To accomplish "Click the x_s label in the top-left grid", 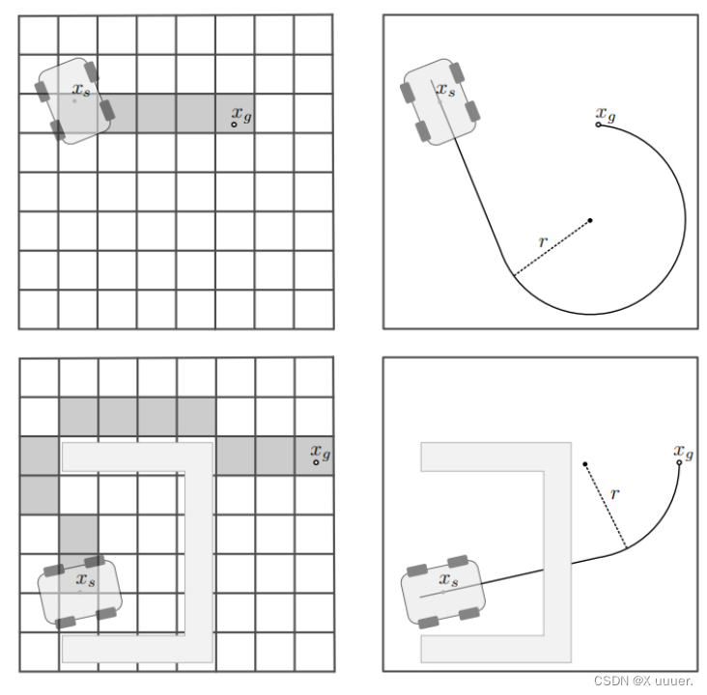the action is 81,90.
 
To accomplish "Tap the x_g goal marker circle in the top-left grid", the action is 234,125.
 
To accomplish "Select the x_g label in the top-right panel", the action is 606,115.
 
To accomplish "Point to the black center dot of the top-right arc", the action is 590,220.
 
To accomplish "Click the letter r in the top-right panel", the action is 543,242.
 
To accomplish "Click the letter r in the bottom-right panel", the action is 615,494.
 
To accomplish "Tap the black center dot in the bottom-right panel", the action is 584,463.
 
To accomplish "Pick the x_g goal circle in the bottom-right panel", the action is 679,462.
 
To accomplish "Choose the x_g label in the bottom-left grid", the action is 321,452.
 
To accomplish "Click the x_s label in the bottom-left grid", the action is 86,579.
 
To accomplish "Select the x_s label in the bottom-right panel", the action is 449,579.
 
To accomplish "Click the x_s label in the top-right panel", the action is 446,90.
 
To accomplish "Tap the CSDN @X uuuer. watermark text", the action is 643,681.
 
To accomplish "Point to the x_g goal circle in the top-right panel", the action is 598,125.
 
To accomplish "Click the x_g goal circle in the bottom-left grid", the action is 316,462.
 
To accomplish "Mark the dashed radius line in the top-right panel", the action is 552,247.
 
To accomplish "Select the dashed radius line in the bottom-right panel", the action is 606,506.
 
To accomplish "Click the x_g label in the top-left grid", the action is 241,115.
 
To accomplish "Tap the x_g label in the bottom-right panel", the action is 684,452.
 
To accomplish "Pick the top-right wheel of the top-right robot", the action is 457,72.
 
